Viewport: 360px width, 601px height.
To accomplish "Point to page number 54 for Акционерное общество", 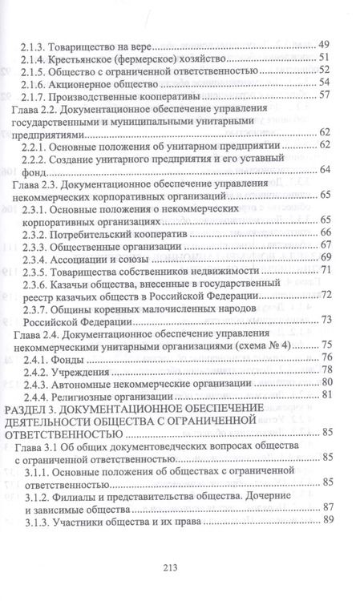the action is pos(325,83).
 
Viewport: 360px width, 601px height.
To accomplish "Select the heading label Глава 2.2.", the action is pos(35,110).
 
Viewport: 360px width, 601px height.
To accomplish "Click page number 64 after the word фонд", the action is pos(325,169).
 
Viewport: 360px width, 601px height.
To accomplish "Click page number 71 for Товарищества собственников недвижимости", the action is pos(326,270).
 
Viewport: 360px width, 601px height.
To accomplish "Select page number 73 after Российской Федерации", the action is pos(326,320).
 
